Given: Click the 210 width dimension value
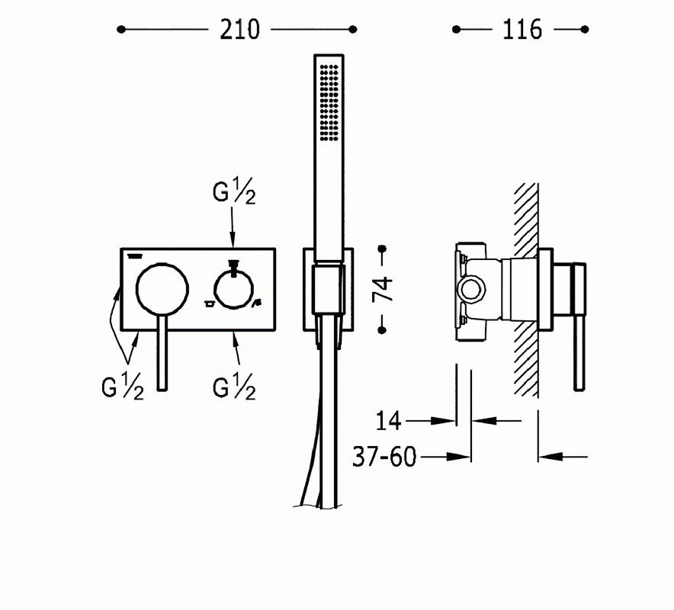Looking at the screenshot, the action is click(x=240, y=30).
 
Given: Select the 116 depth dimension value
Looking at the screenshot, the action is click(x=522, y=30).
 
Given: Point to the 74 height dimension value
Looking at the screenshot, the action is click(x=383, y=289).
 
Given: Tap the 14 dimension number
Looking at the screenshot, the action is click(x=388, y=421).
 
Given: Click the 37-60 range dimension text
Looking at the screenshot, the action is click(x=384, y=457).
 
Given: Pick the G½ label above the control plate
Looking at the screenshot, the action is click(x=234, y=191).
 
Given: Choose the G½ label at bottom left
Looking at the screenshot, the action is click(x=123, y=387).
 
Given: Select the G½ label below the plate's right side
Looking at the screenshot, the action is click(x=234, y=387).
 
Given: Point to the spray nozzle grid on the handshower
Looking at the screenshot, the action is click(x=329, y=102).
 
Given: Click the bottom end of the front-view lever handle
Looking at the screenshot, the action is click(x=162, y=390).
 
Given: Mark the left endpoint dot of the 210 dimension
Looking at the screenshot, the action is click(x=121, y=30).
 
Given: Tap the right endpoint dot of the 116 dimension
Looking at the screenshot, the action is click(x=584, y=30).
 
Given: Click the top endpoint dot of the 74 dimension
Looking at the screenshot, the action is click(x=383, y=249).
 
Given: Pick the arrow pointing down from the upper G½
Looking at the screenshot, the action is click(x=233, y=227).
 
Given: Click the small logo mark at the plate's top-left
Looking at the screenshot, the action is click(x=134, y=256).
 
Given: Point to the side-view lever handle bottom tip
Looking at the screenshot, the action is click(x=579, y=389).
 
